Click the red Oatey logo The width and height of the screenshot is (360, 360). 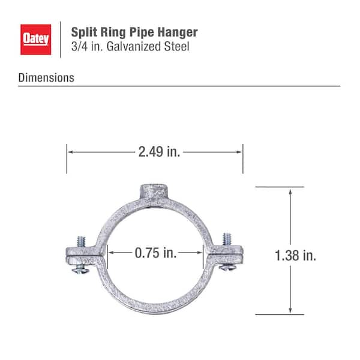click(37, 38)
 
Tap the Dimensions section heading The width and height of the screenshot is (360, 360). click(46, 77)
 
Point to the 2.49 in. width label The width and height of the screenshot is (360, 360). click(159, 152)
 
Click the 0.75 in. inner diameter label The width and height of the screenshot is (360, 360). click(155, 253)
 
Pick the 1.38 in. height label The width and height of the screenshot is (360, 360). click(295, 256)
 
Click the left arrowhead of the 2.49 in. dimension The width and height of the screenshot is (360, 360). click(70, 152)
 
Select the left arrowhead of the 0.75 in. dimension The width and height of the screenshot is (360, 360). click(110, 253)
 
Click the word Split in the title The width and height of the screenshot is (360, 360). click(84, 31)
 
